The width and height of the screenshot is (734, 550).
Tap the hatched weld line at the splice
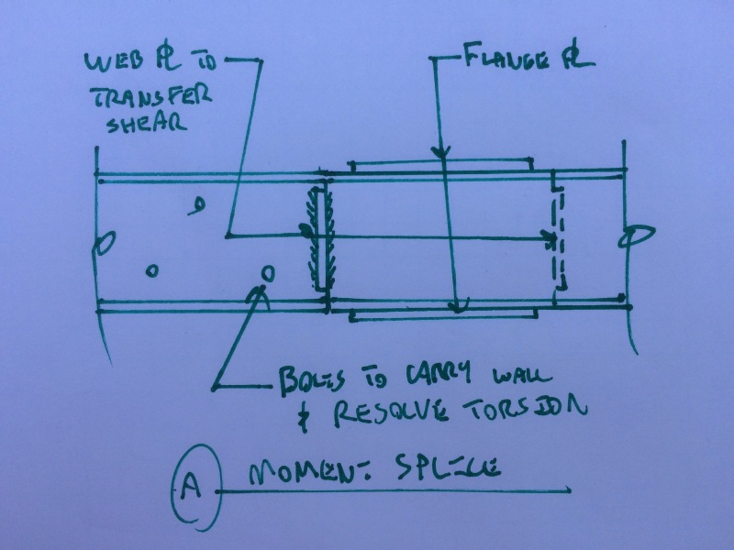click(x=319, y=236)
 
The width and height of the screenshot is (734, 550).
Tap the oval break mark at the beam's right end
click(x=634, y=237)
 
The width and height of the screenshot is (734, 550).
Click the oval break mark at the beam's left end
click(x=106, y=244)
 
